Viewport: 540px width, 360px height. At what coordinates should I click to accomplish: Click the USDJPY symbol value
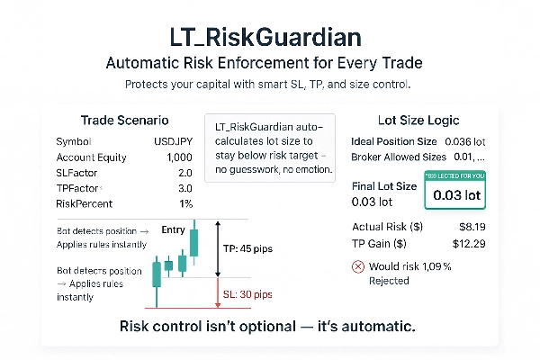pos(174,141)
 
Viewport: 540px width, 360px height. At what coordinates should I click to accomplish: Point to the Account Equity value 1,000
pos(179,157)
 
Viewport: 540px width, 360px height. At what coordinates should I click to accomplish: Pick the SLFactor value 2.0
pos(185,174)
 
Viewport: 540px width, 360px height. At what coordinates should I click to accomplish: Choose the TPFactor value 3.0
pos(185,190)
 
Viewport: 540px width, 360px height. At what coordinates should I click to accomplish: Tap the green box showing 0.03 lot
pos(454,193)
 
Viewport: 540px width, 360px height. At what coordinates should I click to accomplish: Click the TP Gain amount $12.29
pos(470,245)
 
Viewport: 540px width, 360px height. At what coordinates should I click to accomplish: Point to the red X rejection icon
pos(360,266)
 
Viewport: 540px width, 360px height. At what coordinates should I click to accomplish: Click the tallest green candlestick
pos(193,244)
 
